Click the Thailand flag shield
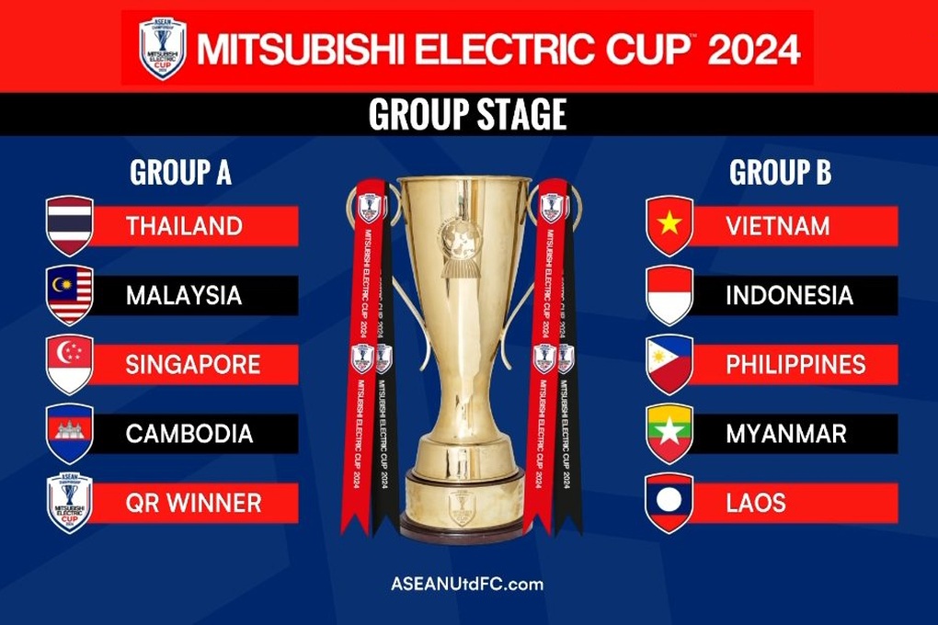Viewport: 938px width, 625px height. click(x=70, y=225)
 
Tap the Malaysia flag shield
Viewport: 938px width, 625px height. click(x=70, y=295)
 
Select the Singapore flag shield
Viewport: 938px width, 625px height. click(x=70, y=364)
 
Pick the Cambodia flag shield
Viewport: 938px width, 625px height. click(x=70, y=433)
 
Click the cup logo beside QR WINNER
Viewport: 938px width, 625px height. click(x=70, y=503)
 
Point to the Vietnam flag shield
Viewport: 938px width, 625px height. click(x=669, y=225)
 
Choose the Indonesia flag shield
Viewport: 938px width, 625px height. click(x=669, y=295)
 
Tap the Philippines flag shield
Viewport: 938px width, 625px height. click(x=669, y=364)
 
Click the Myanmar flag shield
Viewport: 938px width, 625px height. click(x=669, y=433)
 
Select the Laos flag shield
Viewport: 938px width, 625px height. click(x=669, y=503)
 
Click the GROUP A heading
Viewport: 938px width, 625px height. click(x=180, y=172)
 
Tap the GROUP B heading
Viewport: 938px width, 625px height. click(x=780, y=172)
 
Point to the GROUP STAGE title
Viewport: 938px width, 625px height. click(x=467, y=115)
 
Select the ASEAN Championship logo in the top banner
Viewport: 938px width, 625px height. click(x=163, y=48)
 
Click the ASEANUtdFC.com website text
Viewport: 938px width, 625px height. click(x=467, y=584)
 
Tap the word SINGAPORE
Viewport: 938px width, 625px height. click(x=193, y=364)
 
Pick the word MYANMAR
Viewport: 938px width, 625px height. click(x=786, y=433)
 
